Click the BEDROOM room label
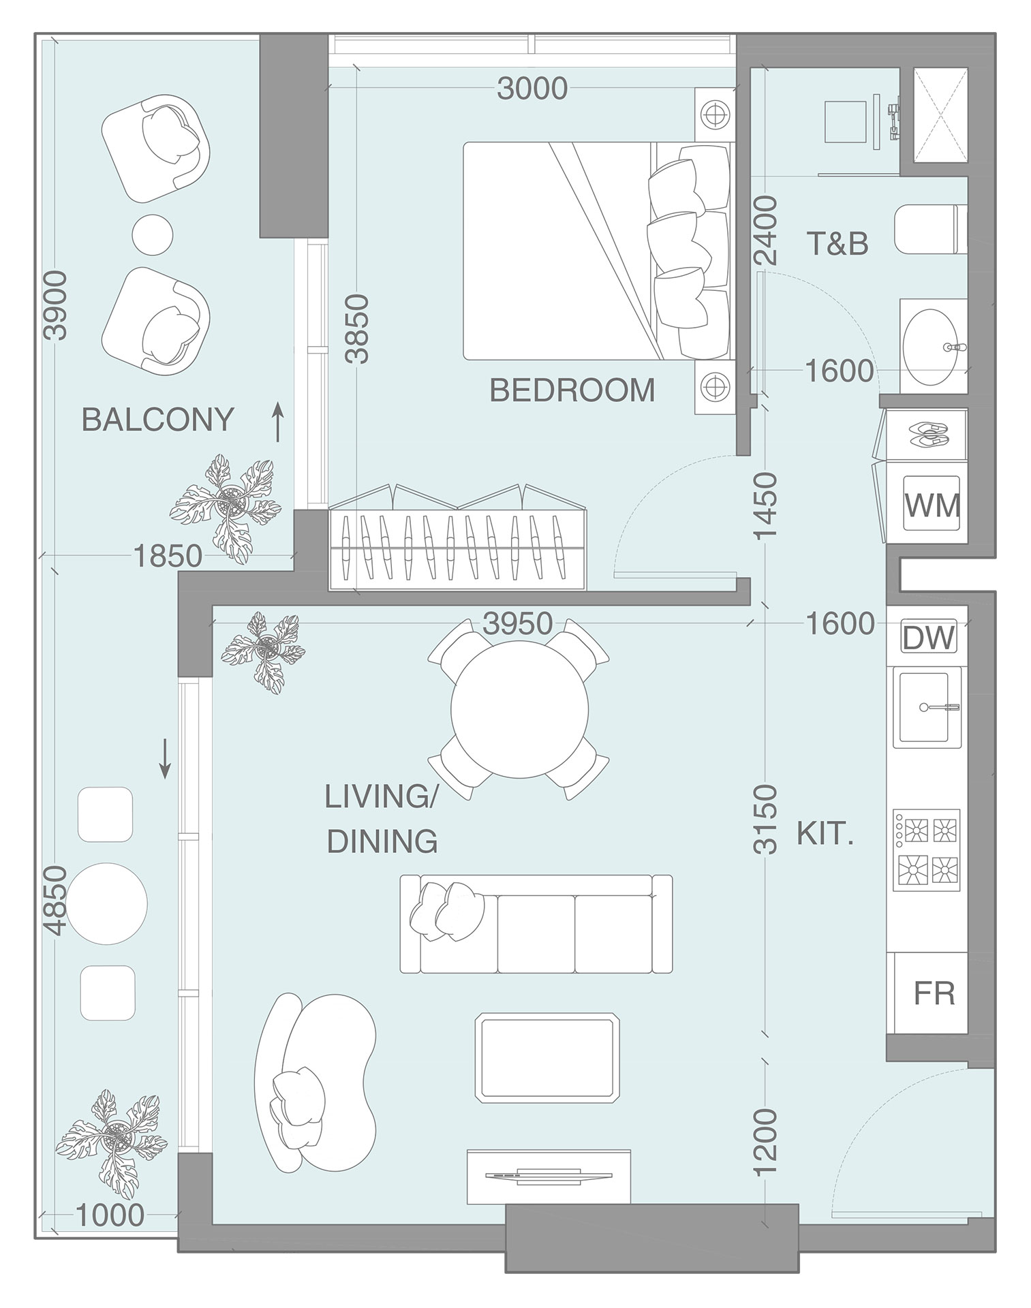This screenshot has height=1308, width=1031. point(572,390)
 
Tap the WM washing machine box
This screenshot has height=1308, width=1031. point(932,505)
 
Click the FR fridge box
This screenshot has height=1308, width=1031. point(934,993)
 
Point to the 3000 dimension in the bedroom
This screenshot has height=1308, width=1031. point(532,89)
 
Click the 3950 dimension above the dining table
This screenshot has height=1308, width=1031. point(517,623)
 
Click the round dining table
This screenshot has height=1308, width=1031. point(519,709)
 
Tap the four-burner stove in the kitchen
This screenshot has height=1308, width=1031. point(926,850)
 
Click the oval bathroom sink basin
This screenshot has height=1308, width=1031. point(933,347)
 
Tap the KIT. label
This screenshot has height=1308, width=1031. point(824,835)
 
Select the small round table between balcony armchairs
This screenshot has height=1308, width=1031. point(152,234)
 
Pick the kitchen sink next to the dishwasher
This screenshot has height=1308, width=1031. point(924,707)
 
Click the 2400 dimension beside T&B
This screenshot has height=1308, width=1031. point(766,230)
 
